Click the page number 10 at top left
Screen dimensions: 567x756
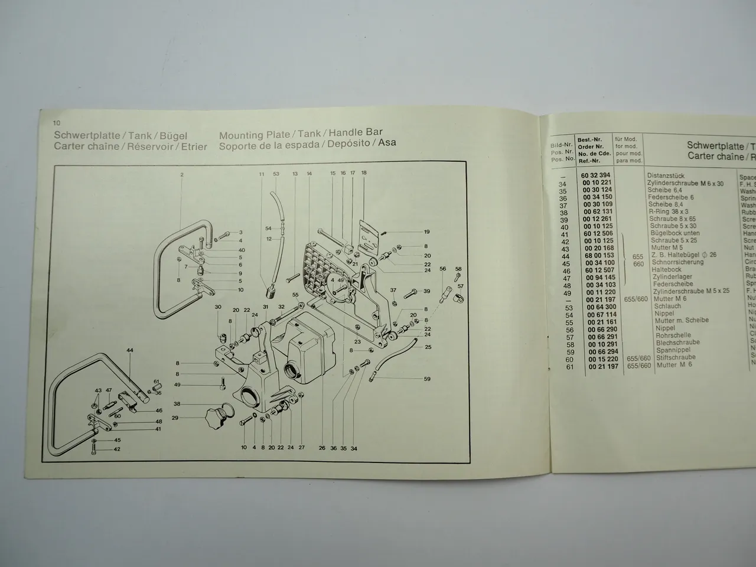point(57,123)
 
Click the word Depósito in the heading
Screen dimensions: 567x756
point(348,144)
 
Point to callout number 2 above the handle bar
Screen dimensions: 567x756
point(182,175)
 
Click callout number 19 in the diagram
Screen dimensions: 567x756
point(426,232)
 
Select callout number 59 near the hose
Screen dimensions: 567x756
point(427,379)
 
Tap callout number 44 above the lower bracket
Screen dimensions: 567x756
point(130,351)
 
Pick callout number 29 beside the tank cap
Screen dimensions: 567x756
point(175,418)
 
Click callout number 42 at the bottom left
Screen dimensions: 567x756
point(117,449)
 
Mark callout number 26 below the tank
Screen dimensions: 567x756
point(322,448)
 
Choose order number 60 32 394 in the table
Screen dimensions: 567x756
point(596,175)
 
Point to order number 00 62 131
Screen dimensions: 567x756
point(598,211)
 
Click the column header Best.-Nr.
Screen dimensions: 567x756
point(589,139)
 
